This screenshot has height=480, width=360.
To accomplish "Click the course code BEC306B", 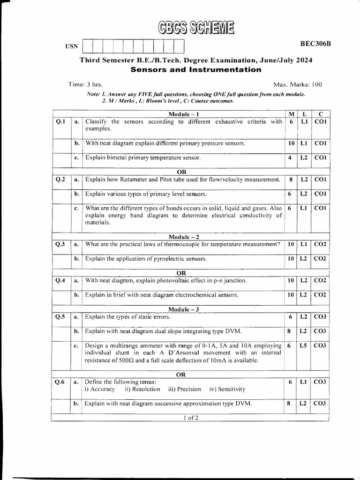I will click(315, 44).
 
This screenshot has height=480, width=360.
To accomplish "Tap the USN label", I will click(71, 47).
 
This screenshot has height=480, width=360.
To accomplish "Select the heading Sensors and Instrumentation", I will click(195, 69).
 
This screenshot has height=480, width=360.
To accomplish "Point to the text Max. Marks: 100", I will click(297, 84).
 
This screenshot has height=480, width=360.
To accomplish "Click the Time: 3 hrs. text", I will click(85, 84).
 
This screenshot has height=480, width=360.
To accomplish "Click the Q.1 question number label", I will click(60, 122).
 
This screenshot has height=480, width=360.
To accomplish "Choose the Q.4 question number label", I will click(60, 280).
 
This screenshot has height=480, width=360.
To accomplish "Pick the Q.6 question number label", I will click(60, 382).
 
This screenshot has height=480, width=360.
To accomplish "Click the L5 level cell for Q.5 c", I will click(304, 345).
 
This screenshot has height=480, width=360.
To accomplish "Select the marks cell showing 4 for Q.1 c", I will click(291, 157).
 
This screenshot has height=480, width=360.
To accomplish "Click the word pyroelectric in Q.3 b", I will click(162, 258).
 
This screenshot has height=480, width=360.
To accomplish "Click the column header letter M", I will click(291, 114).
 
